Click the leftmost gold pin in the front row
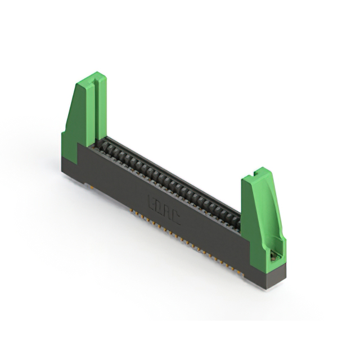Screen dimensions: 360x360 pyautogui.click(x=132, y=212)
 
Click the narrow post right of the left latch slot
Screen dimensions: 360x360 pyautogui.click(x=102, y=107)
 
